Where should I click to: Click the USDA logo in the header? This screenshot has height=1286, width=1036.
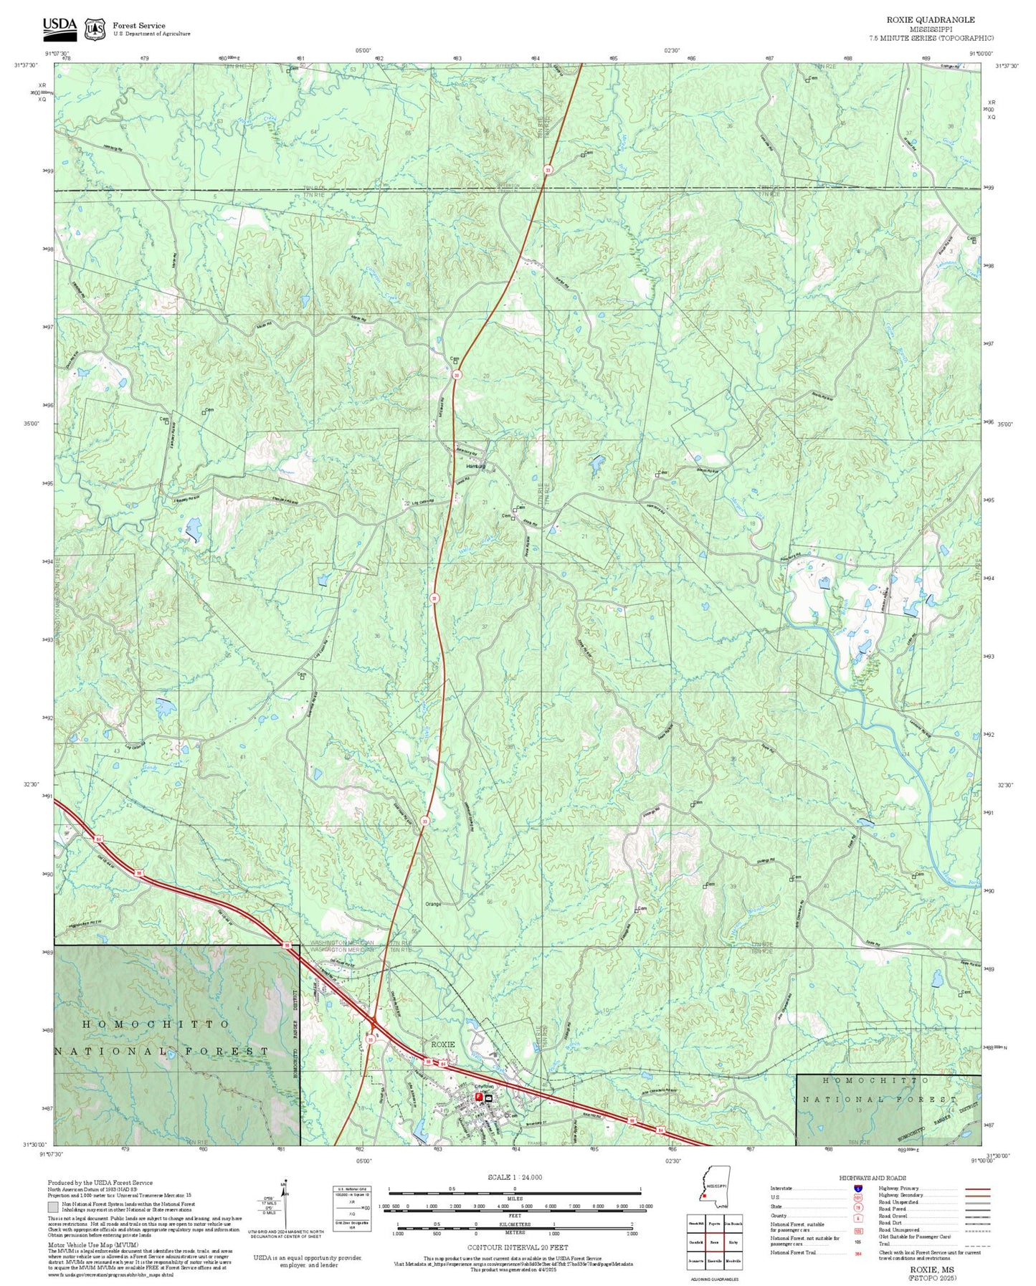tap(60, 27)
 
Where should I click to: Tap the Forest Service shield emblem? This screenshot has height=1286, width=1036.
tap(94, 29)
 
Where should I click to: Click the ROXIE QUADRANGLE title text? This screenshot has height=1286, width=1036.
tap(930, 19)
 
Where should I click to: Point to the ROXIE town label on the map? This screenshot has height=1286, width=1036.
tap(442, 1044)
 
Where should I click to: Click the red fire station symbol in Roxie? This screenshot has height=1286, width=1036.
tap(478, 1097)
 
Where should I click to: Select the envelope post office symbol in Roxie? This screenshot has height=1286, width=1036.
tap(488, 1097)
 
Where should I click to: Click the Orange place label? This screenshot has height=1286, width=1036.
tap(432, 904)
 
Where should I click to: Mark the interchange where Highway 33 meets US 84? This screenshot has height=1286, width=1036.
tap(373, 1019)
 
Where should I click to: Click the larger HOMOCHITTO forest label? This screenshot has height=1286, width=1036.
tap(156, 1024)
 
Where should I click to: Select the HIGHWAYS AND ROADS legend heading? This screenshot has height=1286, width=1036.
tap(872, 1178)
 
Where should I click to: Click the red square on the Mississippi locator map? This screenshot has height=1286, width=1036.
tap(704, 1195)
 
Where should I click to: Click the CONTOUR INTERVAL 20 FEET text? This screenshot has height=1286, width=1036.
tap(514, 1247)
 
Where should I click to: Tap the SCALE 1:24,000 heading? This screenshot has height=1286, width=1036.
tap(514, 1177)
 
